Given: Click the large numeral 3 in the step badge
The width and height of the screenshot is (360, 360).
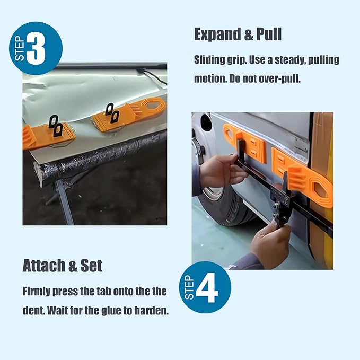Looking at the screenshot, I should (x=36, y=49).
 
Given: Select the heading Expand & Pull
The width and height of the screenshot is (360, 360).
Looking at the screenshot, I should (x=238, y=34).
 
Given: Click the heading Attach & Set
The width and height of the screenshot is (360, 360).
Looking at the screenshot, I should (x=63, y=266).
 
